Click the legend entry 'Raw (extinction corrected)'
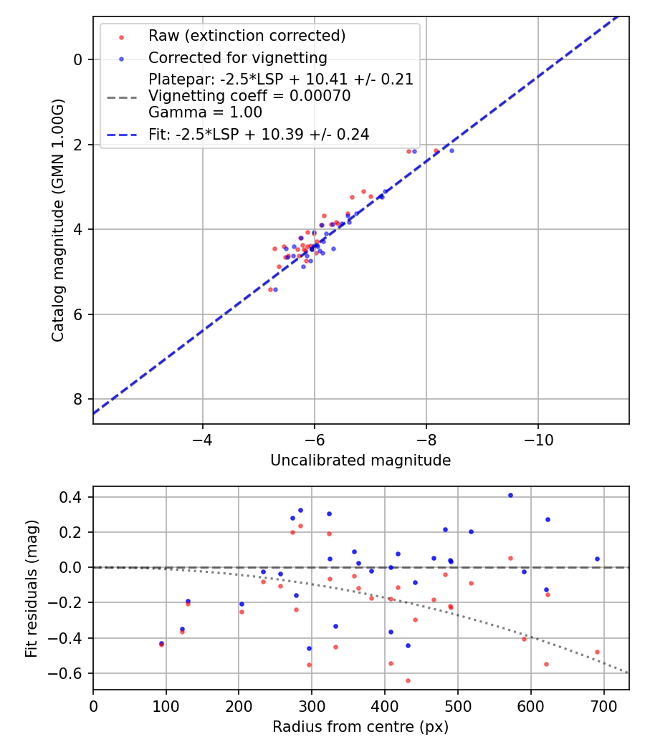pyautogui.click(x=247, y=36)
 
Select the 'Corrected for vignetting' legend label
pyautogui.click(x=237, y=58)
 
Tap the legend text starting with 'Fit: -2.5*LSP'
pyautogui.click(x=259, y=134)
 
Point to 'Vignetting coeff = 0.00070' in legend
pyautogui.click(x=249, y=96)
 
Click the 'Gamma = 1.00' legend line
pyautogui.click(x=205, y=112)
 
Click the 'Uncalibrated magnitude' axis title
pyautogui.click(x=360, y=461)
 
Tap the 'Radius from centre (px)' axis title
pyautogui.click(x=360, y=727)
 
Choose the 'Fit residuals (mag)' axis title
pyautogui.click(x=32, y=589)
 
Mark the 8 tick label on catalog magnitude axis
pyautogui.click(x=78, y=399)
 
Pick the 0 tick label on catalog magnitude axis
pyautogui.click(x=78, y=59)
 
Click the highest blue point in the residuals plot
pyautogui.click(x=510, y=495)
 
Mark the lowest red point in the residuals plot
pyautogui.click(x=408, y=680)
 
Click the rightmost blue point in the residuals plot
pyautogui.click(x=597, y=559)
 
